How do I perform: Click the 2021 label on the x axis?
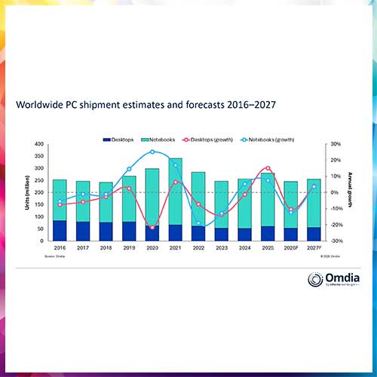pos(175,248)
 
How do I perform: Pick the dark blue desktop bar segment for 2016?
pos(59,231)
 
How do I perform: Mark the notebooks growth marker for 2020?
pos(152,152)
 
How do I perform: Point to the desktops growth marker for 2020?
pos(152,227)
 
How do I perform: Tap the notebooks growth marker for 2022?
pos(199,223)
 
